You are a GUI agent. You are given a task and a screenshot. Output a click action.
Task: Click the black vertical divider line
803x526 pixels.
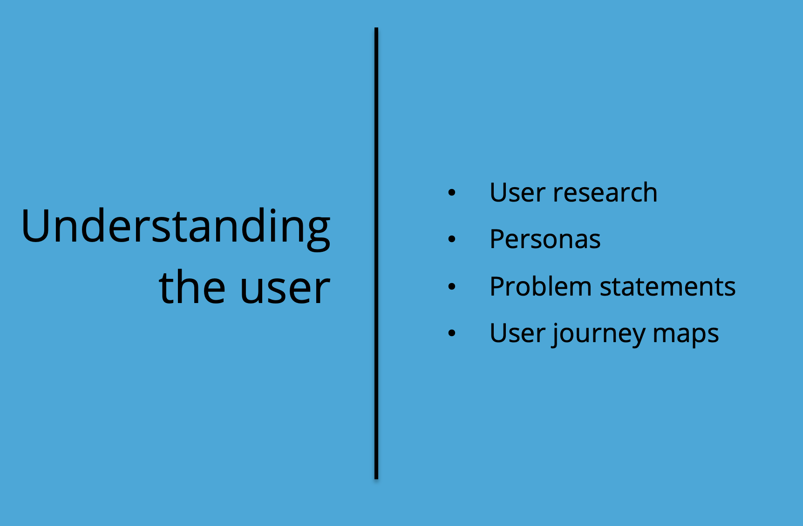(x=376, y=253)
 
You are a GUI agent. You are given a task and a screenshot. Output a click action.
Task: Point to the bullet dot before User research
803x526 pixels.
(x=451, y=192)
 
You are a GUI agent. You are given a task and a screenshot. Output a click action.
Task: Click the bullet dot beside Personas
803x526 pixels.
(x=451, y=239)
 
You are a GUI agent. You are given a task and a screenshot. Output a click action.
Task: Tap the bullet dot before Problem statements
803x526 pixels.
(x=451, y=286)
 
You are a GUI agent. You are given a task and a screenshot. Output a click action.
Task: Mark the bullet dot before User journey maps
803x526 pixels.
(x=451, y=333)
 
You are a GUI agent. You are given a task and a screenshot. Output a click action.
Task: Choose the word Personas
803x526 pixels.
(x=545, y=239)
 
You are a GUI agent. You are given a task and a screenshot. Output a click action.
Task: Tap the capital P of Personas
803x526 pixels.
(x=498, y=239)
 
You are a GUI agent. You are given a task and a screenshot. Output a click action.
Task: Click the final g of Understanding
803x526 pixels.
(x=319, y=234)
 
